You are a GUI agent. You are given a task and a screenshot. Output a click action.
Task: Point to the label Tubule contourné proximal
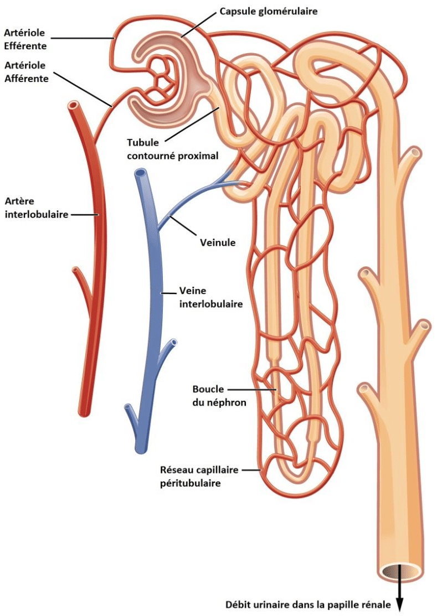(172, 149)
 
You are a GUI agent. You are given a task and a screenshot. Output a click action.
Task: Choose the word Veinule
(217, 242)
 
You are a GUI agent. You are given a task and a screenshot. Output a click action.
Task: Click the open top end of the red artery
(72, 105)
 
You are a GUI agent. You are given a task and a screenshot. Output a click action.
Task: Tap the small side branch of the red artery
(79, 277)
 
